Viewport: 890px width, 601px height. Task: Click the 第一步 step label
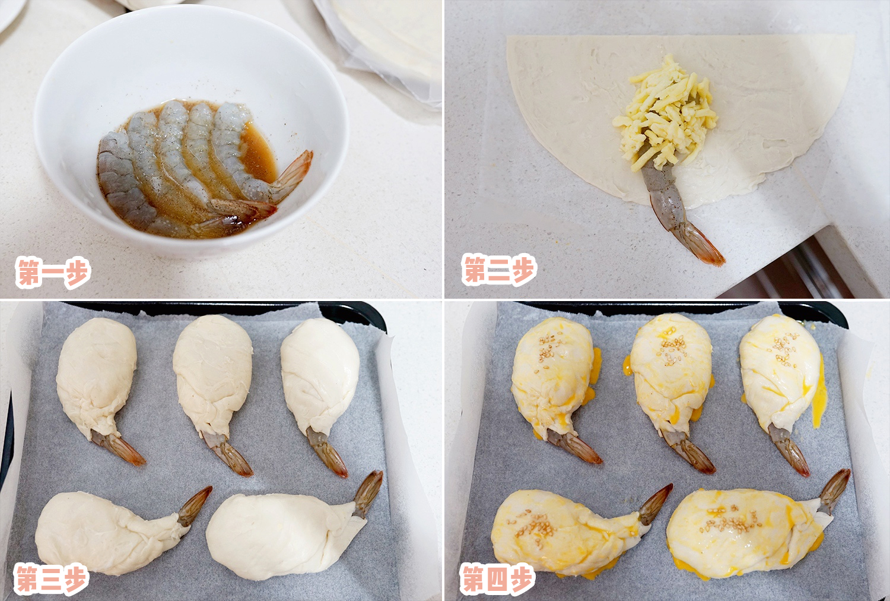pos(53,273)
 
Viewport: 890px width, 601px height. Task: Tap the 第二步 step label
pos(499,270)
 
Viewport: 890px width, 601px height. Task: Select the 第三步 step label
pos(52,579)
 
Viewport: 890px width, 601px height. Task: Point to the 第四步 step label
pos(498,579)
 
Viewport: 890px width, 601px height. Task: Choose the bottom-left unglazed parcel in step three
pos(95,532)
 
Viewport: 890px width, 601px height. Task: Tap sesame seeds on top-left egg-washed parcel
pos(549,347)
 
